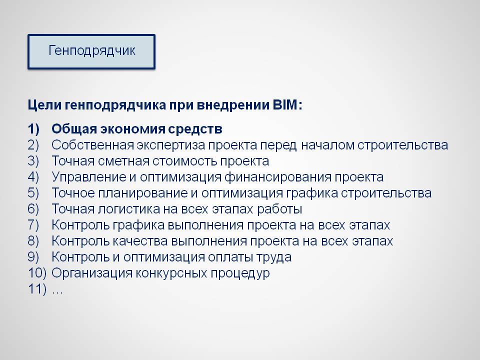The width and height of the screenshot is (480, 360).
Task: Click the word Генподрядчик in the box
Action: click(x=92, y=51)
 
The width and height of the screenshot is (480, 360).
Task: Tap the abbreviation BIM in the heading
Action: click(x=284, y=104)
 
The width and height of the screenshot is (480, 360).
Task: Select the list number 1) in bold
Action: click(x=33, y=129)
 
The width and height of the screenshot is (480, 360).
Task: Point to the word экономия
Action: click(x=133, y=129)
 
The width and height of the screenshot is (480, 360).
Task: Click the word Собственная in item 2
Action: click(x=92, y=145)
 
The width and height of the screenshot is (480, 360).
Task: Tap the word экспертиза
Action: click(x=171, y=145)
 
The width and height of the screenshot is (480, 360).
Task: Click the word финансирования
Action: click(x=277, y=177)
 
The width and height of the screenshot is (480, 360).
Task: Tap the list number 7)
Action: click(x=33, y=225)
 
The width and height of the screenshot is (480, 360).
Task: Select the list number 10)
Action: click(x=37, y=273)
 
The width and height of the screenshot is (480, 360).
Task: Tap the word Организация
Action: click(x=92, y=273)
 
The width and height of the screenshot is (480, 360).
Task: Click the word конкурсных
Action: click(x=171, y=273)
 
